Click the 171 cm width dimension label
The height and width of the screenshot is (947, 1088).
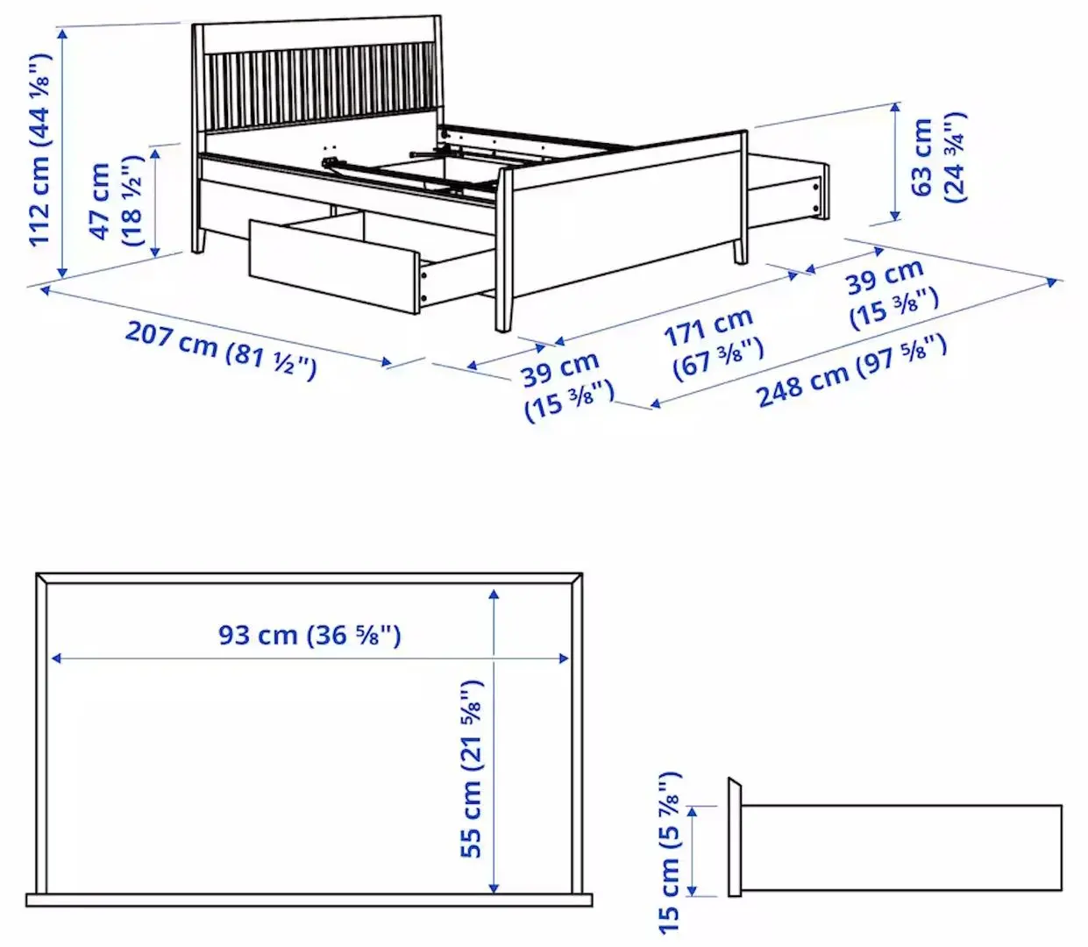(712, 343)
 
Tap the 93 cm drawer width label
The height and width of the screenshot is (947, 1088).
(309, 634)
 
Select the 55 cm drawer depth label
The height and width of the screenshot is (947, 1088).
(471, 768)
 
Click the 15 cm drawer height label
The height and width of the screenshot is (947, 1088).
(668, 851)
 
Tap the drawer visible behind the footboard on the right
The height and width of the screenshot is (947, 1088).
(786, 188)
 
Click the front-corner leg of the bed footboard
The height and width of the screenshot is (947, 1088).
(503, 254)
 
